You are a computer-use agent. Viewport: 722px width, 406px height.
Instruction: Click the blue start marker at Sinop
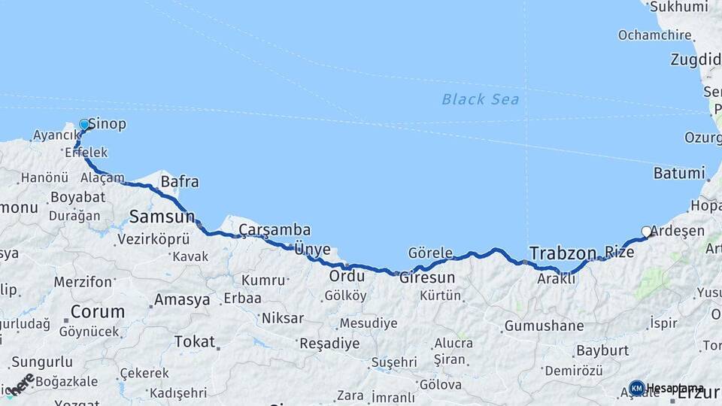tap(84, 125)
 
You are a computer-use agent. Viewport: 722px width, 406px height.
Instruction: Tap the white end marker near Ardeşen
tap(646, 232)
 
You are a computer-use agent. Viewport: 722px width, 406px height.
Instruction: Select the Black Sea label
tap(480, 99)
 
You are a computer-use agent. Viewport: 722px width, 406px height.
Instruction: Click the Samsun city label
tap(162, 217)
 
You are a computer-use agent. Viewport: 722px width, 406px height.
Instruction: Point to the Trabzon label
tap(563, 253)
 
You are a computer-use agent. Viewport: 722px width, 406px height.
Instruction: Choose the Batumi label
tap(678, 173)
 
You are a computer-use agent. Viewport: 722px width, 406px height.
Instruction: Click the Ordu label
tap(347, 276)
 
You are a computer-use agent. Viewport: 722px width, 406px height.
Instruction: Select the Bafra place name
tap(180, 181)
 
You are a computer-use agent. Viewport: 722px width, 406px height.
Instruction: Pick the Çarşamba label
tap(275, 230)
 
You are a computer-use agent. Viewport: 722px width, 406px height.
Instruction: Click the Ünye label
tap(312, 250)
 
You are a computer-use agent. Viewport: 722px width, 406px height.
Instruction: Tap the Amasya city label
tap(182, 300)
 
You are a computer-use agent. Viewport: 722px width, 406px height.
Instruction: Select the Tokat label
tap(194, 342)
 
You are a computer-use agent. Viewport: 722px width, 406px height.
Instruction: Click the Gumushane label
tap(544, 326)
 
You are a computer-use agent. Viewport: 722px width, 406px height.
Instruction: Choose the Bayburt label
tap(602, 350)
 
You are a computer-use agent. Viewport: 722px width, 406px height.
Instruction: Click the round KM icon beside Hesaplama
tap(636, 388)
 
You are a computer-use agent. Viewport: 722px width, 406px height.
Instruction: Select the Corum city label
tap(97, 311)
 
